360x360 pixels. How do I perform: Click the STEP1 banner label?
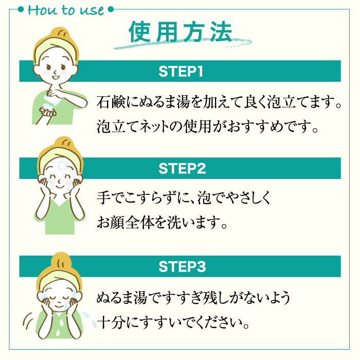pos(181,71)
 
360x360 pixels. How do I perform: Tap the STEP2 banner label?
pos(182,168)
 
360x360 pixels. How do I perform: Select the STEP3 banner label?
pos(182,266)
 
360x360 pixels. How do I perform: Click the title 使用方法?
pos(180,32)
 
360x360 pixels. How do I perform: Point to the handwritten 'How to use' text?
pos(66,10)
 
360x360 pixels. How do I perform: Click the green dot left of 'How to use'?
pos(21,9)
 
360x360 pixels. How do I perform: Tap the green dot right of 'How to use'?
pos(111,9)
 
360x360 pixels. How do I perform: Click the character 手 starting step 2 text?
pos(103,197)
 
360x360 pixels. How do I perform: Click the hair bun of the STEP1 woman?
pos(61,33)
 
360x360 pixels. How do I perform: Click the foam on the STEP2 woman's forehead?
pos(62,165)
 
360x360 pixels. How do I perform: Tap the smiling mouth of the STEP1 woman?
pos(56,77)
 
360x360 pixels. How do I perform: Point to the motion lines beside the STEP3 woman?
pos(28,320)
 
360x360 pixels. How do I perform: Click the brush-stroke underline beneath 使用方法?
pos(183,44)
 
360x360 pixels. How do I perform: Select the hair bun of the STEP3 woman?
pos(61,260)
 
